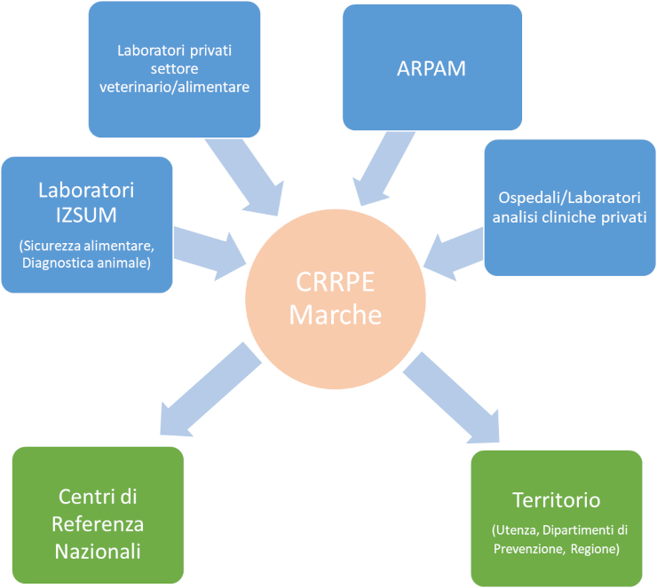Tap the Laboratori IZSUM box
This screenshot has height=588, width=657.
(x=86, y=224)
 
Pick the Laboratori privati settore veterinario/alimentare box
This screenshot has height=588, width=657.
(x=174, y=65)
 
